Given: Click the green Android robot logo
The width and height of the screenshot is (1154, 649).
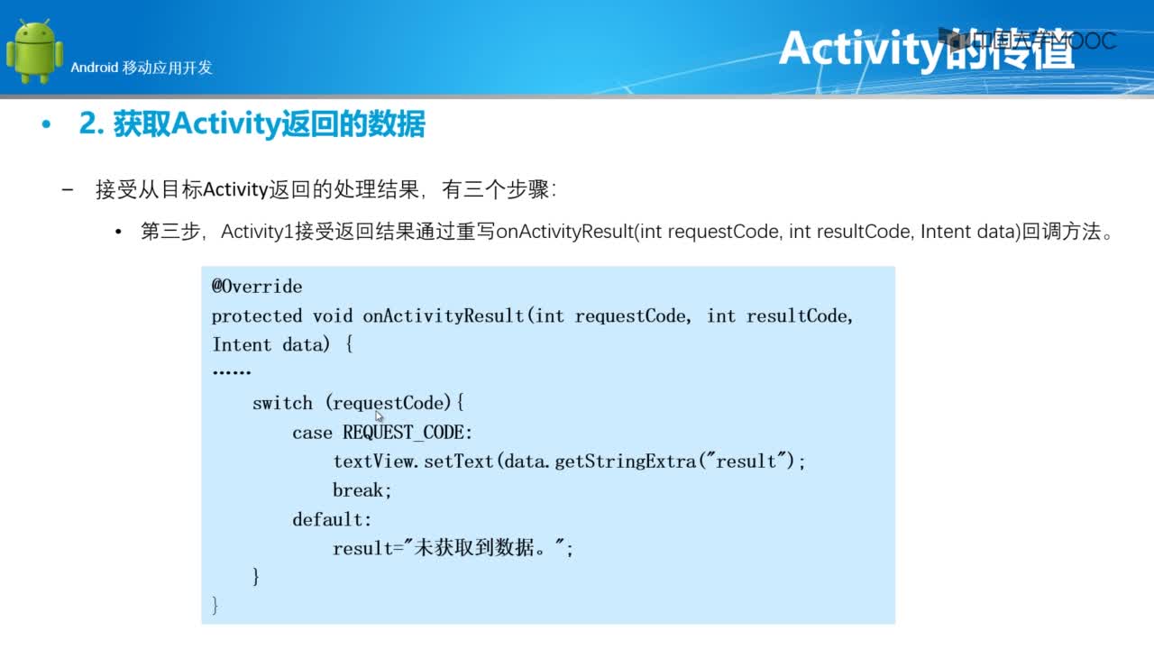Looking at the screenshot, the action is (34, 51).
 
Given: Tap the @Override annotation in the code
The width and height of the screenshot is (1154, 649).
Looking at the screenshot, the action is (257, 287).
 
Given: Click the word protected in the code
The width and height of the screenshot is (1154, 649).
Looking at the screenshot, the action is (257, 316).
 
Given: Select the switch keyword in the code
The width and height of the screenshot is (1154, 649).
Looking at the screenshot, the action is (282, 403).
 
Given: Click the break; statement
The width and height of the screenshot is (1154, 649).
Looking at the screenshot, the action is (362, 489).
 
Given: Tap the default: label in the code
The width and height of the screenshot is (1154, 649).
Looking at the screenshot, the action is (332, 519).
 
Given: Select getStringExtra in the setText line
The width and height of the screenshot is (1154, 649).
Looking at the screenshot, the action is (626, 462).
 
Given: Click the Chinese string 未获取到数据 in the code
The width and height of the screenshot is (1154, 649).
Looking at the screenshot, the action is (474, 547).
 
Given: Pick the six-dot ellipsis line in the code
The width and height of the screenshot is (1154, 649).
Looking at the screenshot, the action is (232, 372).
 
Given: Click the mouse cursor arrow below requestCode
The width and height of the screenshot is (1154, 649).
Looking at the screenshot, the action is (379, 416).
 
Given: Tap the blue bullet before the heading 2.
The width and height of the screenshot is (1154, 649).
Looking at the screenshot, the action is (46, 124).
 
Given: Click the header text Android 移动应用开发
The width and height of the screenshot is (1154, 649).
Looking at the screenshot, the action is (142, 68).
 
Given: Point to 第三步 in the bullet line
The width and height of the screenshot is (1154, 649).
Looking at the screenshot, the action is (170, 232).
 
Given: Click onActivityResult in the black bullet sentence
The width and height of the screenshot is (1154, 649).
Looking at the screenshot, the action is (564, 232).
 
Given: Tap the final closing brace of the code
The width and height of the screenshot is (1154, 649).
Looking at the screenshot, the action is (215, 605).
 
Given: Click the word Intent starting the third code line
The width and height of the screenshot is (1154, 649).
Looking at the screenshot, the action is (242, 344).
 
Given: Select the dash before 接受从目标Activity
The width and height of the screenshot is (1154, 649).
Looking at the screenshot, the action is (68, 190).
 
